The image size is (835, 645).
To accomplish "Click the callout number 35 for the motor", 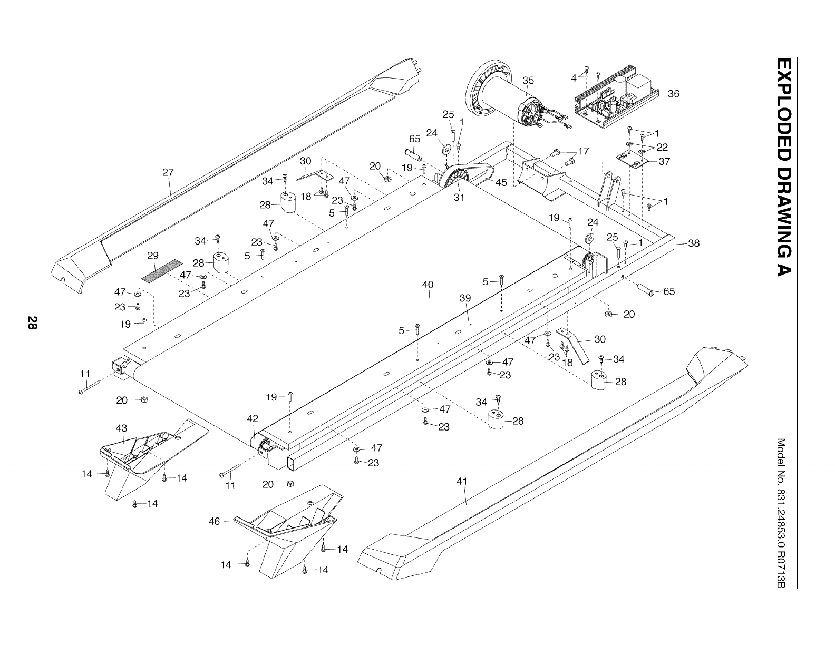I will pos(528,81).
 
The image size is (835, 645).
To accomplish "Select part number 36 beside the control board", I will pos(673,94).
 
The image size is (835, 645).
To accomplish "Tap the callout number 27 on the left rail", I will pos(168,172).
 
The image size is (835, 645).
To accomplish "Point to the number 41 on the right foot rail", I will pos(462,481).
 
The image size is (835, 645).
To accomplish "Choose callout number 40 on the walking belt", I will pos(428,285).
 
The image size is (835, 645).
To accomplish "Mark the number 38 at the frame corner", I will pos(694,243).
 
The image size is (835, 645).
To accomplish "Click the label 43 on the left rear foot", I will pos(121,428).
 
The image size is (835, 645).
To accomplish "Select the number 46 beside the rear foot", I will pos(214,522).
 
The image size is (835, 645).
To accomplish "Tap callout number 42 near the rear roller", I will pos(253,418).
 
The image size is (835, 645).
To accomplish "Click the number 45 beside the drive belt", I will pos(501,183).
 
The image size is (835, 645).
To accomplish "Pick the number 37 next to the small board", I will pos(664,161).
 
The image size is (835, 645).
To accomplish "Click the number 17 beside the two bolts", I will pos(584,151).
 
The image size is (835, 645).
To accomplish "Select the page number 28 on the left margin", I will pos(33,323).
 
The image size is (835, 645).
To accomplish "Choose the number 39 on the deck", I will pos(465,298).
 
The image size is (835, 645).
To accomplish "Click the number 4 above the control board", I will pos(574,78).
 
